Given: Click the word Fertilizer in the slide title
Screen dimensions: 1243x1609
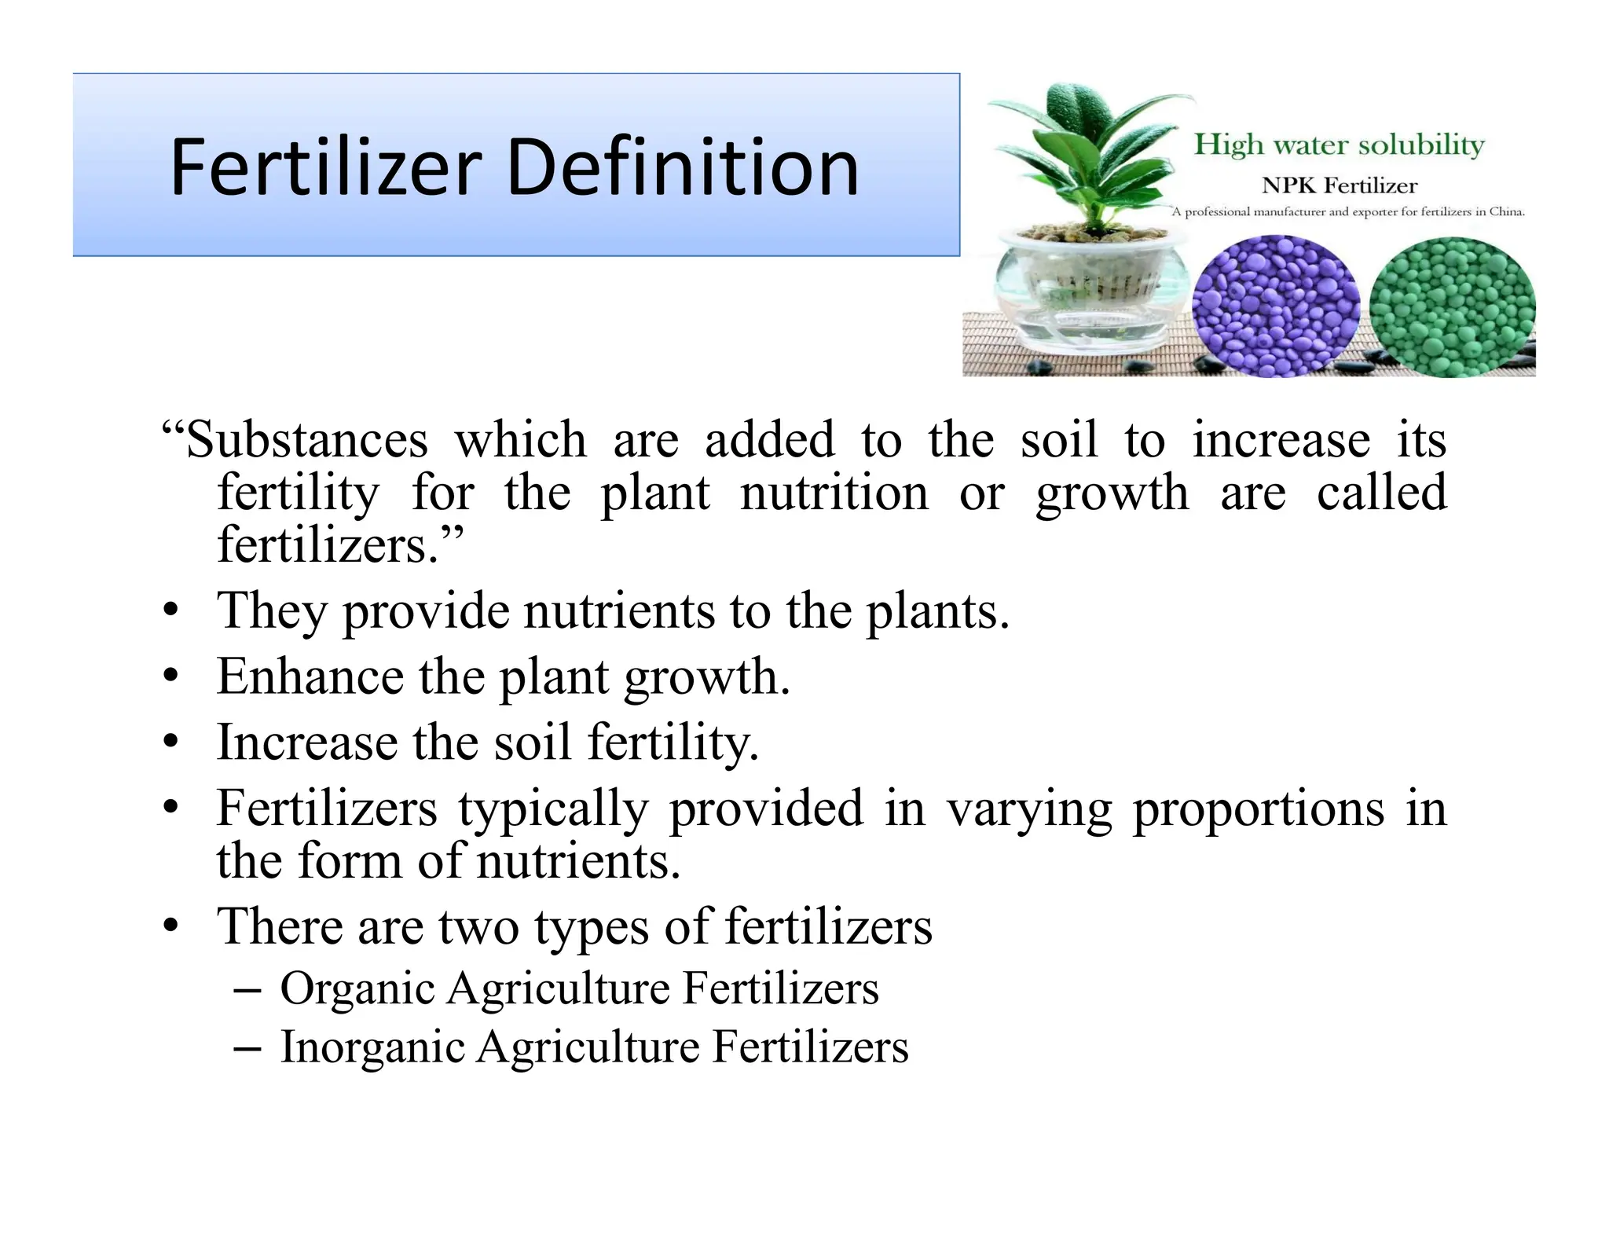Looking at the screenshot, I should point(325,167).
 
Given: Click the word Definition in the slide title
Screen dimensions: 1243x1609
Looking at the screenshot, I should point(683,167).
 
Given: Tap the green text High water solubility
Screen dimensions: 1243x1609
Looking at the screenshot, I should point(1339,145).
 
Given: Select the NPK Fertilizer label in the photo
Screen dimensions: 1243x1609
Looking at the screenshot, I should point(1339,186).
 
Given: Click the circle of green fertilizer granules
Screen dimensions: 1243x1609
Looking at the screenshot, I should point(1452,307).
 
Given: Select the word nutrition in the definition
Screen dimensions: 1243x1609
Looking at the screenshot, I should point(834,493).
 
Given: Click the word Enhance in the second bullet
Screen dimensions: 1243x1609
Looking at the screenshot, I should point(310,676).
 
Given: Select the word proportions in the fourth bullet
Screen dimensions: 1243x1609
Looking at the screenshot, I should point(1257,809).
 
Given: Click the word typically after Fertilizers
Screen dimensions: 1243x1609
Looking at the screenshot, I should point(553,809).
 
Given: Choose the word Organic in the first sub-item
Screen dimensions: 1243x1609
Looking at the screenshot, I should point(357,988).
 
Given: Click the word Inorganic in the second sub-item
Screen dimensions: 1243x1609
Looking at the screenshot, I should point(372,1047).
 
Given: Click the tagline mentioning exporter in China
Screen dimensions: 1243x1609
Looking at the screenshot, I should point(1347,212).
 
